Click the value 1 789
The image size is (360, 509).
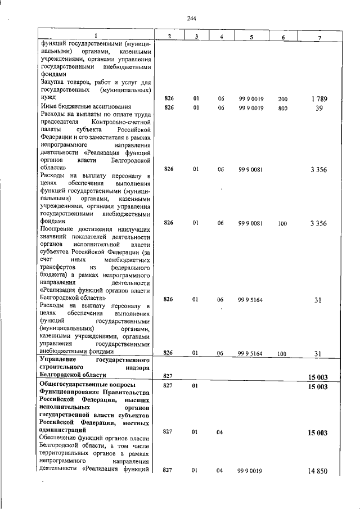click(x=318, y=100)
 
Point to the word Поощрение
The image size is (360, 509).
click(x=58, y=230)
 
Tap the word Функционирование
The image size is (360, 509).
click(x=70, y=392)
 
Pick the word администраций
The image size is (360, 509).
click(x=63, y=430)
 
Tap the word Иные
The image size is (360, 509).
click(x=48, y=106)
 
